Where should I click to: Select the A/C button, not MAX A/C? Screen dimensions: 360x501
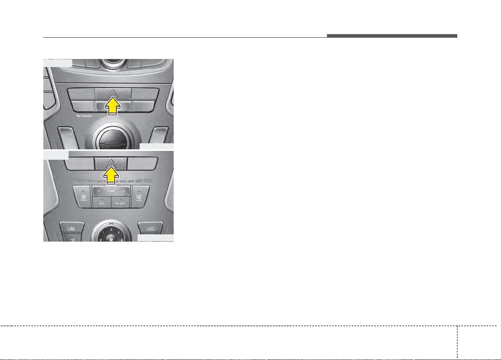click(101, 203)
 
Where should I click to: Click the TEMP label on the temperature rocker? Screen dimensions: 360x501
click(111, 191)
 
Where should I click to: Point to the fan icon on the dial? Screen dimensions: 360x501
click(111, 236)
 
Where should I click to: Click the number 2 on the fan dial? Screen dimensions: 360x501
click(111, 229)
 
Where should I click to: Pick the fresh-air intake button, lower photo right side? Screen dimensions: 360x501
click(150, 228)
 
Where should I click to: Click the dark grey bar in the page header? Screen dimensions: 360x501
click(391, 36)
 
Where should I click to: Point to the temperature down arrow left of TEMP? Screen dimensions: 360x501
click(98, 191)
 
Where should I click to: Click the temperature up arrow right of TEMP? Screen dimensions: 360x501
click(124, 191)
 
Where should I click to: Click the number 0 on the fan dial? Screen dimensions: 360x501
click(100, 240)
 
